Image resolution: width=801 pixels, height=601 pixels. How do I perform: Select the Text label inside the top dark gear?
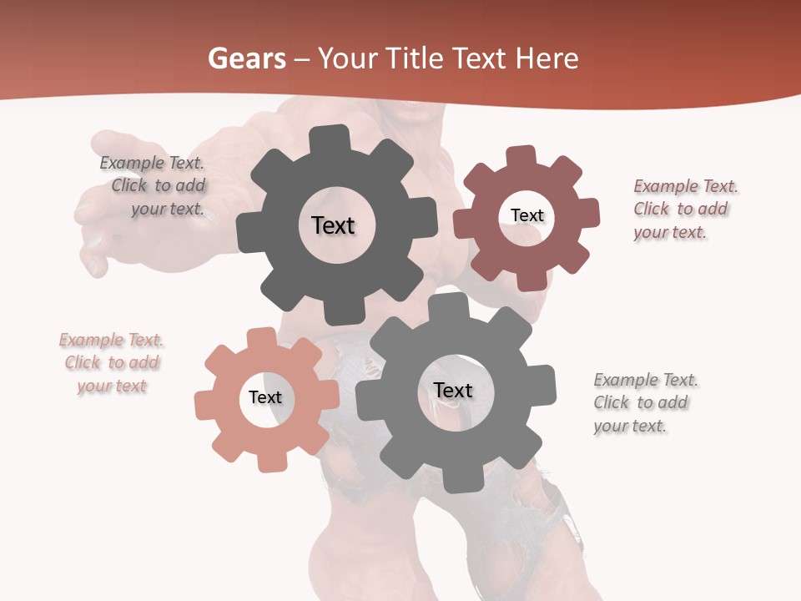click(333, 225)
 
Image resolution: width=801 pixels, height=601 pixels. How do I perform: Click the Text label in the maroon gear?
click(526, 215)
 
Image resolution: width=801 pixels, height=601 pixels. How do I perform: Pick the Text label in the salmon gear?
click(265, 398)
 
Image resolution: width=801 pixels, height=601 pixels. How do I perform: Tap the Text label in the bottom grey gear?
click(453, 391)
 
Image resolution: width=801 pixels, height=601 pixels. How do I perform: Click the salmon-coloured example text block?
click(112, 363)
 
